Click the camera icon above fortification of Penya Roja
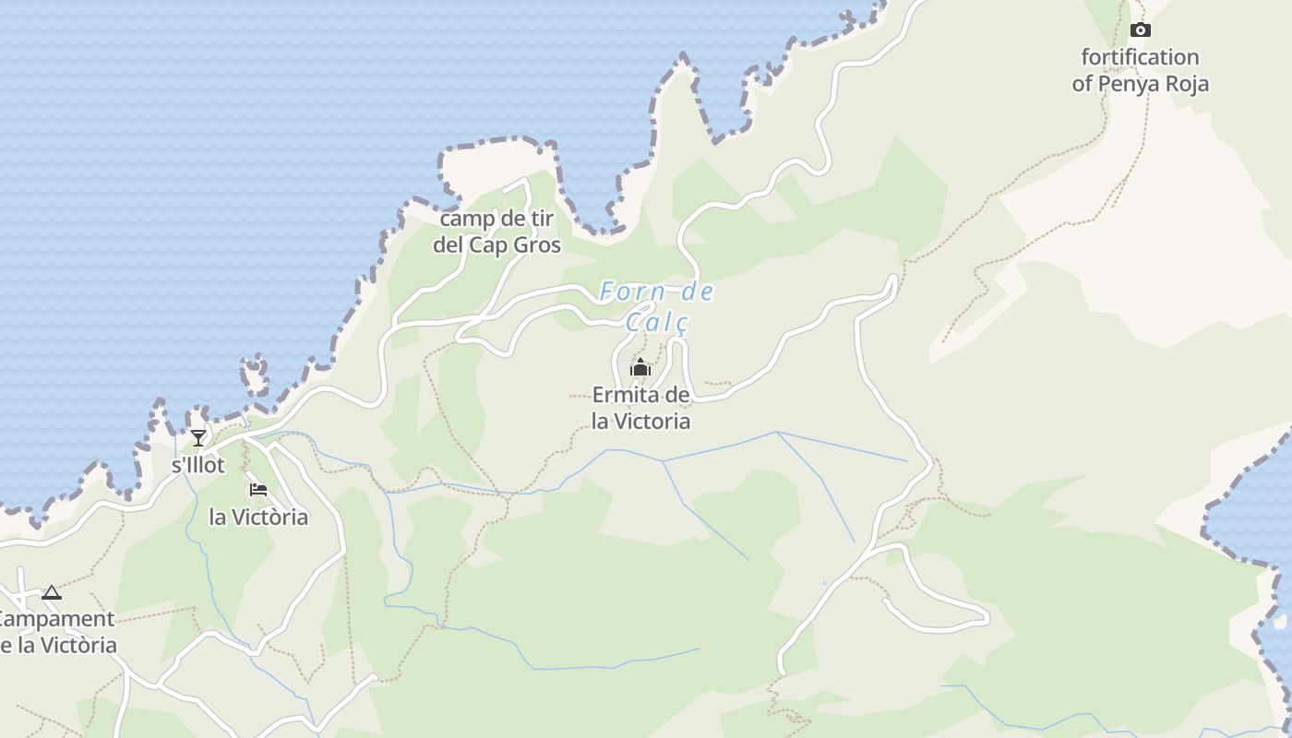1141,30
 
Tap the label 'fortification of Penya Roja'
1140,70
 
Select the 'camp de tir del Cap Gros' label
496,232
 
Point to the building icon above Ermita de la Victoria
640,368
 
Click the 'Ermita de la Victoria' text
640,408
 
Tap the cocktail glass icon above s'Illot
198,437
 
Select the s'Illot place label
198,465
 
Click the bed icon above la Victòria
258,489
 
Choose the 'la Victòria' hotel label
258,517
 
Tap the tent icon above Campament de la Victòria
52,592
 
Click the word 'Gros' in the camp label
538,245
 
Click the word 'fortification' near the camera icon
1140,57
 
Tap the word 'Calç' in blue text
657,323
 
